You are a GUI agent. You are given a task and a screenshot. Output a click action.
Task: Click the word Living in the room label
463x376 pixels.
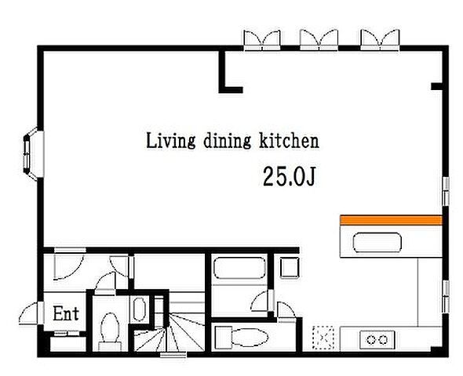pyautogui.click(x=170, y=141)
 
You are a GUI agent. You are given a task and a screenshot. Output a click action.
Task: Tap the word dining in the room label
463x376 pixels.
pyautogui.click(x=227, y=141)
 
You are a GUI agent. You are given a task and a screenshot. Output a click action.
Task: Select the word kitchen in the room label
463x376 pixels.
pyautogui.click(x=289, y=141)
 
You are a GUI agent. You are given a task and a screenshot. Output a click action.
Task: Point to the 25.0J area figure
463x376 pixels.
pyautogui.click(x=289, y=176)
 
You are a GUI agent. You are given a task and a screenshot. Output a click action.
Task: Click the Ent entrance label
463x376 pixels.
pyautogui.click(x=66, y=313)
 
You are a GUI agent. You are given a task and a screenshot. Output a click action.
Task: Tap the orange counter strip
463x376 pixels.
pyautogui.click(x=392, y=220)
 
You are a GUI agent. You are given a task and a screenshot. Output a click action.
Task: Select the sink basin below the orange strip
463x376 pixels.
pyautogui.click(x=377, y=243)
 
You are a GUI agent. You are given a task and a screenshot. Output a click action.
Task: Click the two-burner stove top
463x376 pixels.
pyautogui.click(x=377, y=340)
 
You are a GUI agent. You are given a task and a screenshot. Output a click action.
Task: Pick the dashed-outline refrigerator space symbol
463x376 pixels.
pyautogui.click(x=323, y=338)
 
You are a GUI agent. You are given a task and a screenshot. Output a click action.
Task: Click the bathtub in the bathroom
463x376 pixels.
pyautogui.click(x=239, y=268)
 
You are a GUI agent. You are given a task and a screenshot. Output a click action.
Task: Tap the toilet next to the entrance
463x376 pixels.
pyautogui.click(x=110, y=331)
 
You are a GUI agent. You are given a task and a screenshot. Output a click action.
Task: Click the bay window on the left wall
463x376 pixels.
pyautogui.click(x=33, y=154)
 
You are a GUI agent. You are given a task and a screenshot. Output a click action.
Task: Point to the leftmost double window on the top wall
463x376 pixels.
pyautogui.click(x=262, y=41)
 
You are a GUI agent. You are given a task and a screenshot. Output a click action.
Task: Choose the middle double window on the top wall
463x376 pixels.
pyautogui.click(x=319, y=41)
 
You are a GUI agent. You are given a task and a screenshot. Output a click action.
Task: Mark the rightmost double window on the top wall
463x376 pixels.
pyautogui.click(x=381, y=41)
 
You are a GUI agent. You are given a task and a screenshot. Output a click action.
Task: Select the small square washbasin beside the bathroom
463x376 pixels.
pyautogui.click(x=289, y=268)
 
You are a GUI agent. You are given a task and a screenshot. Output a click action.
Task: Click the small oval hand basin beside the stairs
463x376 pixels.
pyautogui.click(x=139, y=309)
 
